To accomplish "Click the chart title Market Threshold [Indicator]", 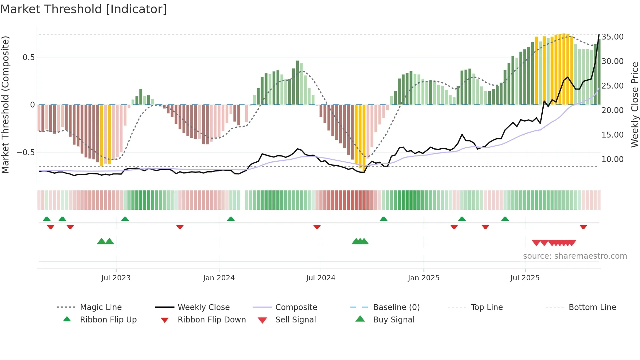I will [x=84, y=9].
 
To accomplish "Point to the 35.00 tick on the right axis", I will [x=613, y=37].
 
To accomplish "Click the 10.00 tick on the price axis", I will [x=613, y=159].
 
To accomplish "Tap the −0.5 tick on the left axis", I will [x=25, y=153].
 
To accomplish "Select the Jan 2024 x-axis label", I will [x=219, y=278].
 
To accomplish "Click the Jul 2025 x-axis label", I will [x=525, y=278].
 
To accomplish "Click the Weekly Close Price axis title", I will [x=634, y=105].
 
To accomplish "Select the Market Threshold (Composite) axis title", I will [x=6, y=105].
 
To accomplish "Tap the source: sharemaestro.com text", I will [x=575, y=256].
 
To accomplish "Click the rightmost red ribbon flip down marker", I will [x=583, y=227].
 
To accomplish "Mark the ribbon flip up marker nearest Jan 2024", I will [x=231, y=219].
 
